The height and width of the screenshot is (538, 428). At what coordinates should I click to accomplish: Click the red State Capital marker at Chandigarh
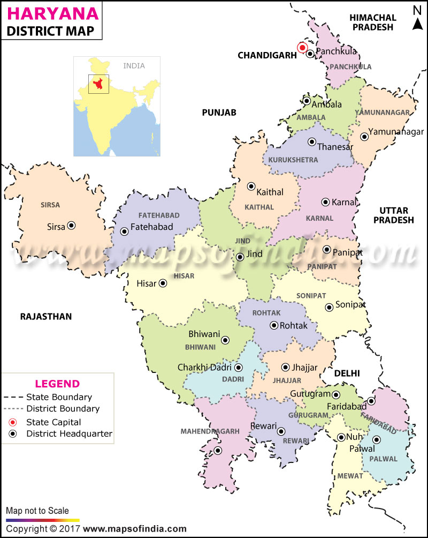pos(302,48)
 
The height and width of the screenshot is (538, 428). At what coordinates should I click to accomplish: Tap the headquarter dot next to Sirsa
pos(71,226)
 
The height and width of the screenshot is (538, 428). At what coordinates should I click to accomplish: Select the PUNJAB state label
pos(219,112)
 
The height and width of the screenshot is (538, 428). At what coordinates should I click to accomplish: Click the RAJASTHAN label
pos(46,317)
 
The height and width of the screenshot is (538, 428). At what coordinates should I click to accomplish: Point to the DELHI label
pos(347,373)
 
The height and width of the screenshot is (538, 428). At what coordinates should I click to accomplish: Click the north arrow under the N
pos(417,24)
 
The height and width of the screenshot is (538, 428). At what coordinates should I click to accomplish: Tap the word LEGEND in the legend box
pos(57,384)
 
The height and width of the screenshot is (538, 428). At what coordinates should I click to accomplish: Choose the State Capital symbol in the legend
pos(15,422)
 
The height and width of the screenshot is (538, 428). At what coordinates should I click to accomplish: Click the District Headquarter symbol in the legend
pos(15,434)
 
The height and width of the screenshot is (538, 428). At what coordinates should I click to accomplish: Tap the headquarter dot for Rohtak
pos(274,325)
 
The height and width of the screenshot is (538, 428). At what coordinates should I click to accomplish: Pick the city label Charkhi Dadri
pos(205,368)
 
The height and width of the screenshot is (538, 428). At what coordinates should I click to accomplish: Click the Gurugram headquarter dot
pos(335,395)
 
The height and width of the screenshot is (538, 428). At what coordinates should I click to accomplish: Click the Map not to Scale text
pos(37,511)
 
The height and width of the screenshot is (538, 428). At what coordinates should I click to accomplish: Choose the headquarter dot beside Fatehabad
pos(124,231)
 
